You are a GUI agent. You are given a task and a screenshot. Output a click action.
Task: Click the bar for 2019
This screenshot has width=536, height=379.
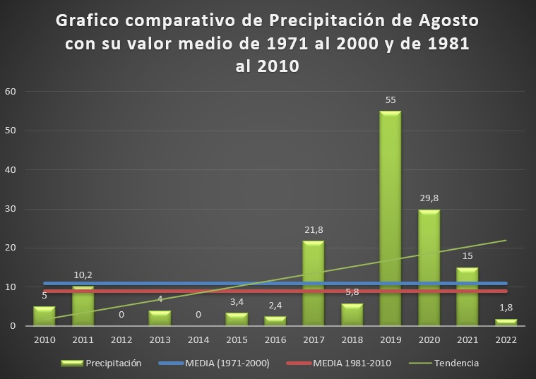point(391,218)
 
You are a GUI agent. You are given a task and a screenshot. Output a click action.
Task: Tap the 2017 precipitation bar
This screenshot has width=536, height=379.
point(313,282)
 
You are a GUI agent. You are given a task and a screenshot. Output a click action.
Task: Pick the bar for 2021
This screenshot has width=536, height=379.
point(467,296)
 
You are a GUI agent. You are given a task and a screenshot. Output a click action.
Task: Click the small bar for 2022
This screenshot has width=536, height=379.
point(506,323)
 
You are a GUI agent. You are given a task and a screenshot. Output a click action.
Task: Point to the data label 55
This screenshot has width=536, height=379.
point(391,100)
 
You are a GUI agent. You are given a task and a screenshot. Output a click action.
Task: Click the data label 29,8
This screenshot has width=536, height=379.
point(429,199)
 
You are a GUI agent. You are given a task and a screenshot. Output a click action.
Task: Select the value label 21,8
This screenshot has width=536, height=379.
point(313,230)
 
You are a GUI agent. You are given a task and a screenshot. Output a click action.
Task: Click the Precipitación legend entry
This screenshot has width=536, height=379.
point(112,363)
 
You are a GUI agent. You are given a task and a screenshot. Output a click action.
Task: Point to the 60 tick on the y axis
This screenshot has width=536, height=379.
point(11,92)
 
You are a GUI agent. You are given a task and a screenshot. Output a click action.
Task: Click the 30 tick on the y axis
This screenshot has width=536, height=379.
point(11,209)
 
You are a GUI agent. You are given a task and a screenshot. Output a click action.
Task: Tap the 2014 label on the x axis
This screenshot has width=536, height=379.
point(198,339)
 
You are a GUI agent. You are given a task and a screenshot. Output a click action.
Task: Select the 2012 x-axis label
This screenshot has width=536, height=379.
point(121,339)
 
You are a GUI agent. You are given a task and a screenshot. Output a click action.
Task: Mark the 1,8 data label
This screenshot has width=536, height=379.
point(506,308)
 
